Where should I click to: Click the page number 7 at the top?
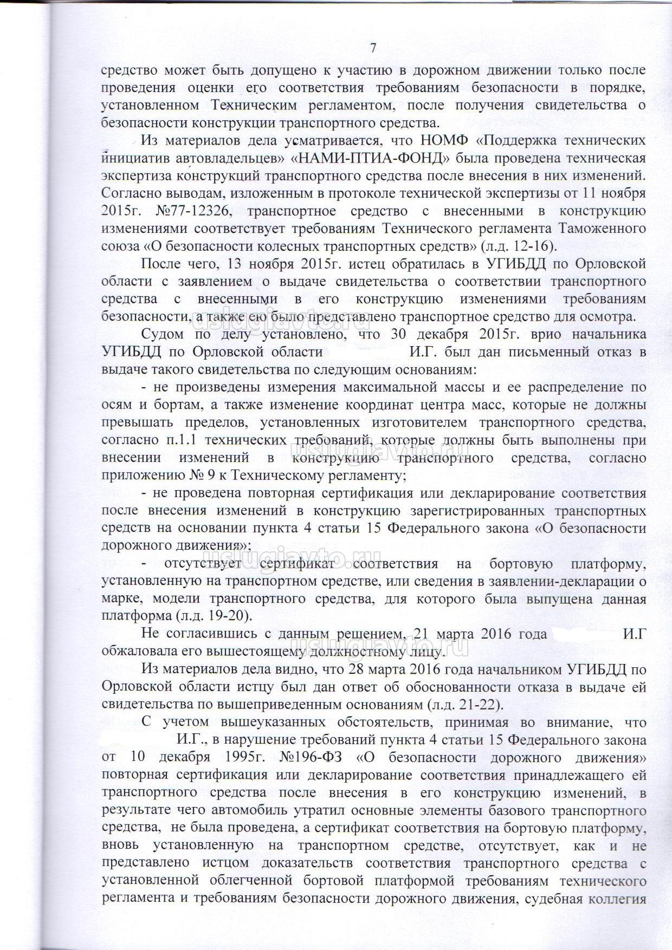(x=373, y=48)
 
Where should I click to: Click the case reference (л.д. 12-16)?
(x=519, y=246)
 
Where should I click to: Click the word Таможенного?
(x=605, y=228)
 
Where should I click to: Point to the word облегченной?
(x=251, y=881)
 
